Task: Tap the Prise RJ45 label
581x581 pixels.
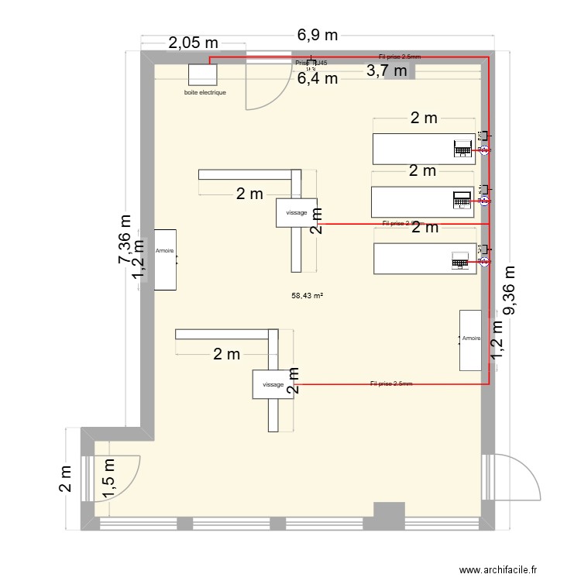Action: [310, 64]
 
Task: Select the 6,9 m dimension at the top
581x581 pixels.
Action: [318, 35]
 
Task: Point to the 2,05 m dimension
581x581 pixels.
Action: [193, 43]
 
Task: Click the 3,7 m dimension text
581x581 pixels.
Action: [386, 71]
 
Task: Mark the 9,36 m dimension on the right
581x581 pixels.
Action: [510, 291]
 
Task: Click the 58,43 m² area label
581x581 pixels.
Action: [307, 295]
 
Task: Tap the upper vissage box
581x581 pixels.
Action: [297, 212]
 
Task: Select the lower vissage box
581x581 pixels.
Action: [273, 384]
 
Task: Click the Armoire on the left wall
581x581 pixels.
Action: [165, 259]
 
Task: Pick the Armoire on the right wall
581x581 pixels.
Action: [470, 339]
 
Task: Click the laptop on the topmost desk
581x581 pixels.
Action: [463, 146]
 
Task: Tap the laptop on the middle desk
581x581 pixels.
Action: [462, 199]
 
